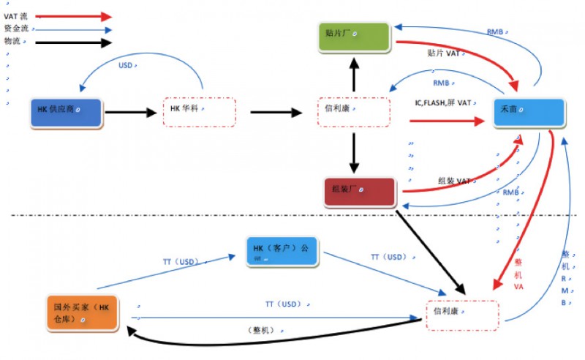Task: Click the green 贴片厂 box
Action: tap(354, 37)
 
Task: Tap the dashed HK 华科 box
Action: tap(199, 111)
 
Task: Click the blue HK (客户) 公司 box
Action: tap(282, 252)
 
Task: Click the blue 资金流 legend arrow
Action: tap(73, 30)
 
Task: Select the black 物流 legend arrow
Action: tap(73, 43)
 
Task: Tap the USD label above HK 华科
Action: tap(126, 66)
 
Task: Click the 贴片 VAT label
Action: tap(443, 53)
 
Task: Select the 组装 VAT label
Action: tap(454, 181)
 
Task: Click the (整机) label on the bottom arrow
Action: tap(260, 330)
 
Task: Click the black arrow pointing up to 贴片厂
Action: tap(354, 73)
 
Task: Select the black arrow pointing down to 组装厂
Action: tap(354, 153)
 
